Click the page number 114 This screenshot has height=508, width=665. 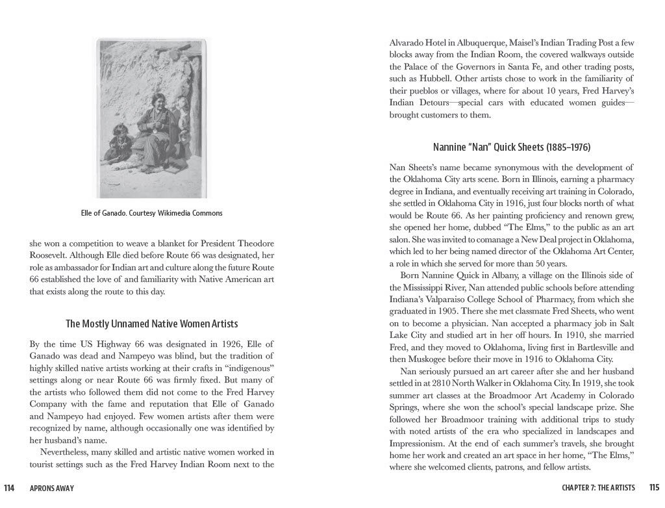coord(9,489)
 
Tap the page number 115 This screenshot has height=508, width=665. coord(653,488)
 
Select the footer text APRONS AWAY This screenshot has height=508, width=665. coord(52,489)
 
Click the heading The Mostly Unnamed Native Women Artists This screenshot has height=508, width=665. coord(151,324)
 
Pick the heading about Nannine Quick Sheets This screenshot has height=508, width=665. coord(511,147)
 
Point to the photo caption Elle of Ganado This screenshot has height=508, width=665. coord(151,213)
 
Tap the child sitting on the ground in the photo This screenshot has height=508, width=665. coord(119,144)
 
